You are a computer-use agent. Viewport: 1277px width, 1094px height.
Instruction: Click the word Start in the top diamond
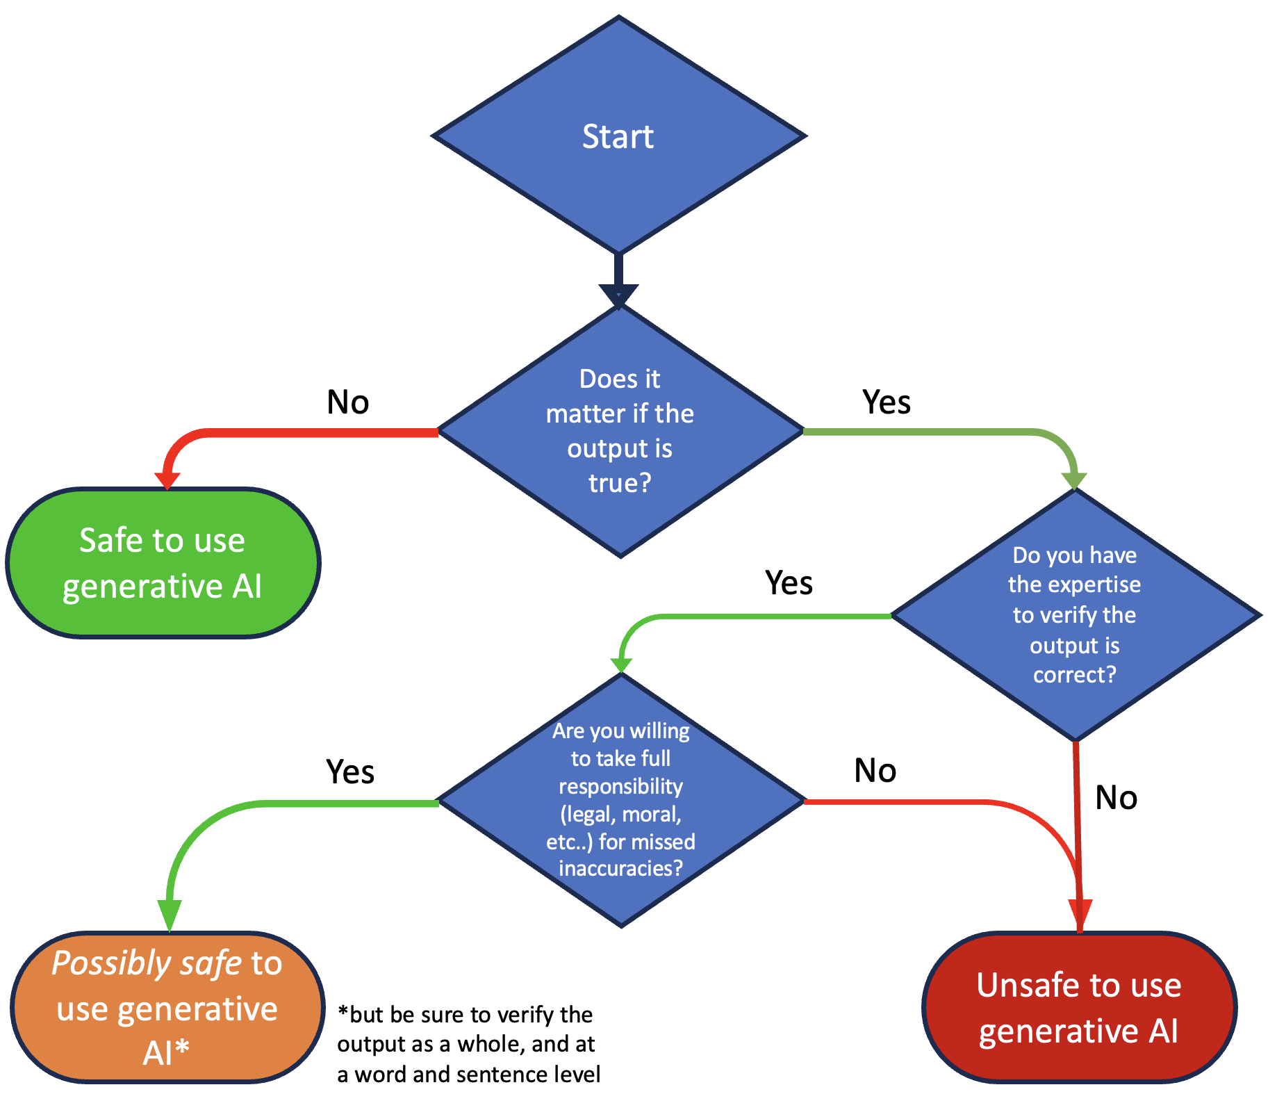point(618,136)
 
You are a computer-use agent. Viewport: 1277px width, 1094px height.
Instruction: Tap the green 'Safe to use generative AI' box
point(163,563)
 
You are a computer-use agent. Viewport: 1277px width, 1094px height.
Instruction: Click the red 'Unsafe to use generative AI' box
point(1079,1007)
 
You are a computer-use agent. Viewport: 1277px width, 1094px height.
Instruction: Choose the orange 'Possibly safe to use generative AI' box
point(167,1007)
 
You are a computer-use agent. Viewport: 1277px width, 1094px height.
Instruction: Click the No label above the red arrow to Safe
point(347,402)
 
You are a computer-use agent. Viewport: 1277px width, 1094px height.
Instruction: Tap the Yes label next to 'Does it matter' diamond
point(886,402)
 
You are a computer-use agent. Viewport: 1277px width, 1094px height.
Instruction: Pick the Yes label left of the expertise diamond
point(789,582)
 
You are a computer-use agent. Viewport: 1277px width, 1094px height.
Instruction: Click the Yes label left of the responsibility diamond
point(350,771)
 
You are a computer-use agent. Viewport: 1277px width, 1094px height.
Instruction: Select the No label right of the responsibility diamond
point(875,770)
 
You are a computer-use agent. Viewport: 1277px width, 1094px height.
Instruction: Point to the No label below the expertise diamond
point(1116,797)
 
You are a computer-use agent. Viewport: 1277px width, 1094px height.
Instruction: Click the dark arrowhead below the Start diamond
point(618,295)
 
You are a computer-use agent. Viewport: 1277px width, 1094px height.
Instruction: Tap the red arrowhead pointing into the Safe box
point(167,480)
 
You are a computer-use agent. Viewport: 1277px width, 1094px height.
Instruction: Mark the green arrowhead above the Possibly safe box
point(170,913)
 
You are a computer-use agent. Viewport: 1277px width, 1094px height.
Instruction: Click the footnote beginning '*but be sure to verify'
point(468,1044)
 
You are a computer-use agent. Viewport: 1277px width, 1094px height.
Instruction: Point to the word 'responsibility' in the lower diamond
point(620,786)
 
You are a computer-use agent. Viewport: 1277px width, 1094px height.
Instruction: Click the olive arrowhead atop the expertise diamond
point(1074,480)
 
